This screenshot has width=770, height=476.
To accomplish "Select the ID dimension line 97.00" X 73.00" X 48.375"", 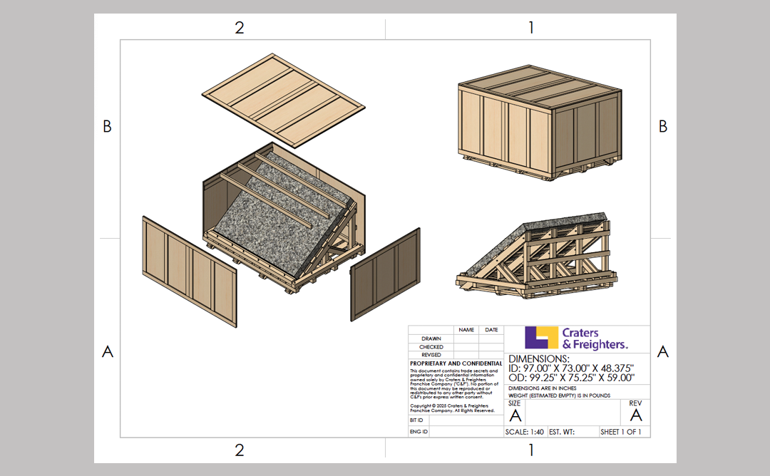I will tap(570, 368).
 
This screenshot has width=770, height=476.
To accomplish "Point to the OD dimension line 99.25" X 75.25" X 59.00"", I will tap(571, 378).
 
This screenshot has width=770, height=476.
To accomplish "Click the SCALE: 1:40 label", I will tap(525, 432).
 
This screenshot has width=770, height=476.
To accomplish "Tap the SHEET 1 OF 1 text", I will tap(620, 432).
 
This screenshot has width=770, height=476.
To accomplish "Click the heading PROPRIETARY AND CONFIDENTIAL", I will tap(456, 363).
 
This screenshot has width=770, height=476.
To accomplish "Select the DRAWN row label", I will tap(431, 338).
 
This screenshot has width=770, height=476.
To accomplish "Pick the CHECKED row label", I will tap(431, 347).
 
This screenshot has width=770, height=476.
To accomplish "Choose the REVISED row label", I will tap(431, 355).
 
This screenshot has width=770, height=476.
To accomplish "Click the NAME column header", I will tap(466, 330).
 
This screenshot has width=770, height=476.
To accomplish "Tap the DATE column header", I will tap(492, 330).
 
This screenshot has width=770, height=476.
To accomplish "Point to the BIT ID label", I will tap(416, 420).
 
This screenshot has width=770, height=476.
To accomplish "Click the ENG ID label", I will tap(418, 432).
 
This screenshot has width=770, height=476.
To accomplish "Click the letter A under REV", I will tap(636, 415).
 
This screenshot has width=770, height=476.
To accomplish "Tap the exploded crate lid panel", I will tap(280, 98).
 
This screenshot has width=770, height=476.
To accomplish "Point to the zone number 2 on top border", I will tap(240, 28).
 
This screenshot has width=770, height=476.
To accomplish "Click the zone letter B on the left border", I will tap(107, 126).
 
